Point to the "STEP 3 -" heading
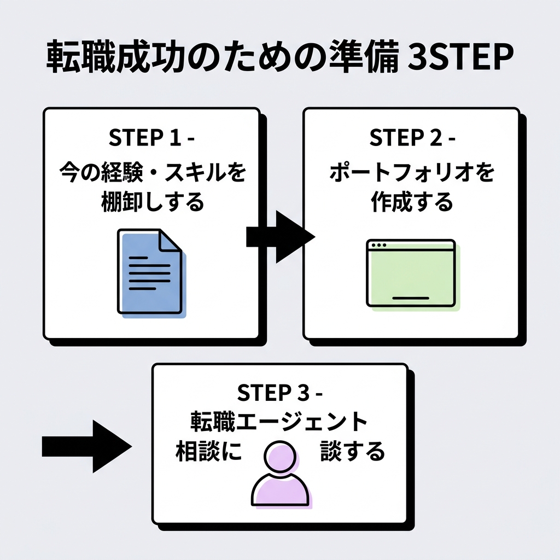tap(281, 393)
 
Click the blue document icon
tap(149, 272)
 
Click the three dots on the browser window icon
tap(377, 246)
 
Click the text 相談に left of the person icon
tap(208, 452)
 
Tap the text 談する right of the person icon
tap(353, 452)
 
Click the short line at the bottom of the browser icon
tap(411, 298)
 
